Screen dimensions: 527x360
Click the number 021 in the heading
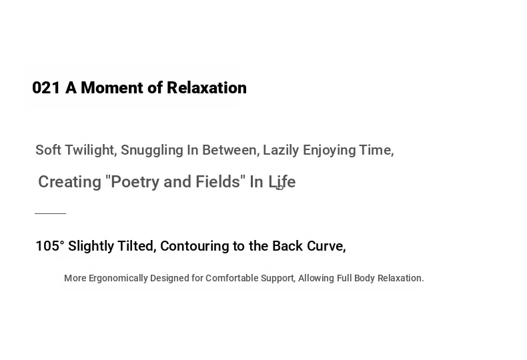(x=46, y=88)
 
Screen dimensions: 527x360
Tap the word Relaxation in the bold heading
(x=207, y=88)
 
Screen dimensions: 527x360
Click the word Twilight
(x=91, y=150)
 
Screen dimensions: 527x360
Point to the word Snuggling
(x=152, y=150)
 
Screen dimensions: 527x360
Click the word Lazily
(x=281, y=150)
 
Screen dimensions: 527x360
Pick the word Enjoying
(x=329, y=150)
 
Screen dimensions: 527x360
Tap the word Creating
(x=69, y=182)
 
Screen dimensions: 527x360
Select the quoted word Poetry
(x=135, y=182)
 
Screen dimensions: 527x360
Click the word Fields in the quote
(x=217, y=182)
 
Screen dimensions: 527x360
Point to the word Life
(x=282, y=182)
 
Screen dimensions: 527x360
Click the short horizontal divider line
(x=51, y=213)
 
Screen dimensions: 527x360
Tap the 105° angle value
(x=50, y=246)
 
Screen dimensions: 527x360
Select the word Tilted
(x=137, y=246)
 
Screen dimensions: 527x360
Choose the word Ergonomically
(x=118, y=279)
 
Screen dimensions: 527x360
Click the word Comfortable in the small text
(x=232, y=278)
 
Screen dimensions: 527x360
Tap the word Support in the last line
(x=278, y=279)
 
